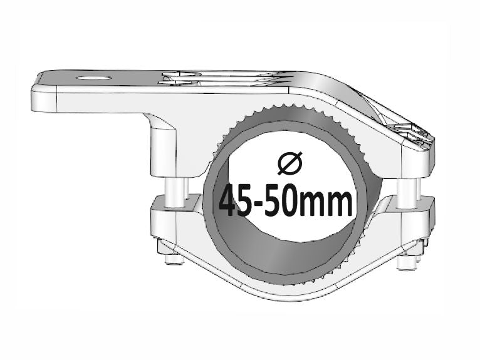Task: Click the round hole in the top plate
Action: (x=92, y=79)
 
